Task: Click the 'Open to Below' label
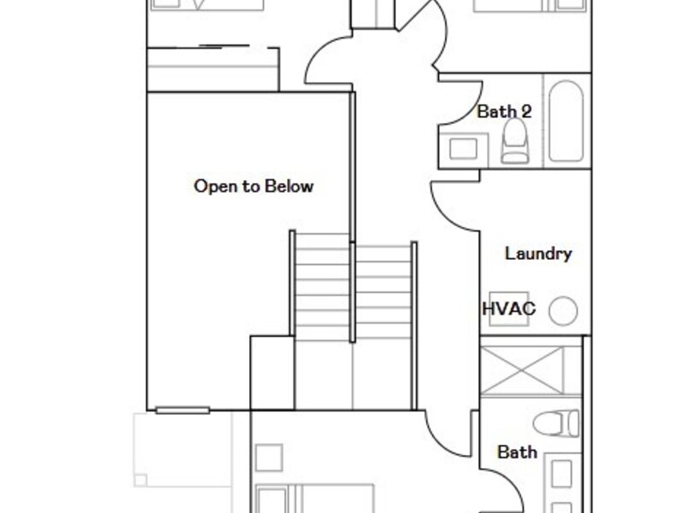point(254,186)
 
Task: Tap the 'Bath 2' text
point(505,112)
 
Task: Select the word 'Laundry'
point(539,253)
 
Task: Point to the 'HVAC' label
point(509,309)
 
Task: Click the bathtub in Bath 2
point(566,121)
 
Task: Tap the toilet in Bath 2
point(515,141)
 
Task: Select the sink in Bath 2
point(463,149)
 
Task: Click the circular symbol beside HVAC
point(563,310)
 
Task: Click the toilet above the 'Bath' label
point(557,423)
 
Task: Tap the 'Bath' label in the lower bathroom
point(517,452)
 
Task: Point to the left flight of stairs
point(323,287)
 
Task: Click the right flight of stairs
point(383,292)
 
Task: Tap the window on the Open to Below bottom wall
point(183,410)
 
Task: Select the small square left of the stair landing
point(272,373)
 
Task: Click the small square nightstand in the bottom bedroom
point(269,457)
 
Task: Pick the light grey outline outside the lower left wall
point(183,450)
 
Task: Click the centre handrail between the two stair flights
point(353,292)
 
